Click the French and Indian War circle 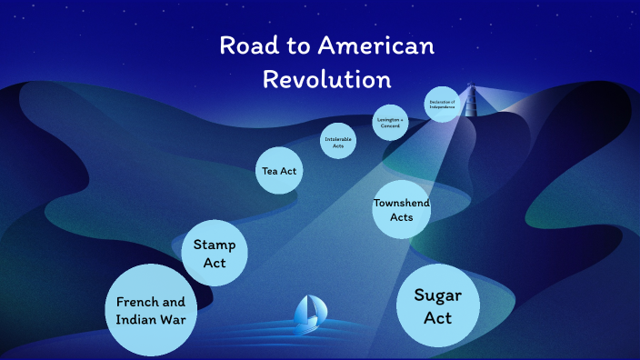(x=151, y=310)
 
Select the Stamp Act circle (x=215, y=254)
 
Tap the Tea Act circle (x=278, y=171)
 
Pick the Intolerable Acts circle (x=339, y=141)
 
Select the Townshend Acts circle (x=401, y=210)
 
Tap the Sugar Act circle (x=438, y=306)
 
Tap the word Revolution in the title (x=326, y=78)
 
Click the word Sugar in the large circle (x=438, y=295)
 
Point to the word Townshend (x=401, y=203)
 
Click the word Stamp (x=215, y=245)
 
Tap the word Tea (x=270, y=171)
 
